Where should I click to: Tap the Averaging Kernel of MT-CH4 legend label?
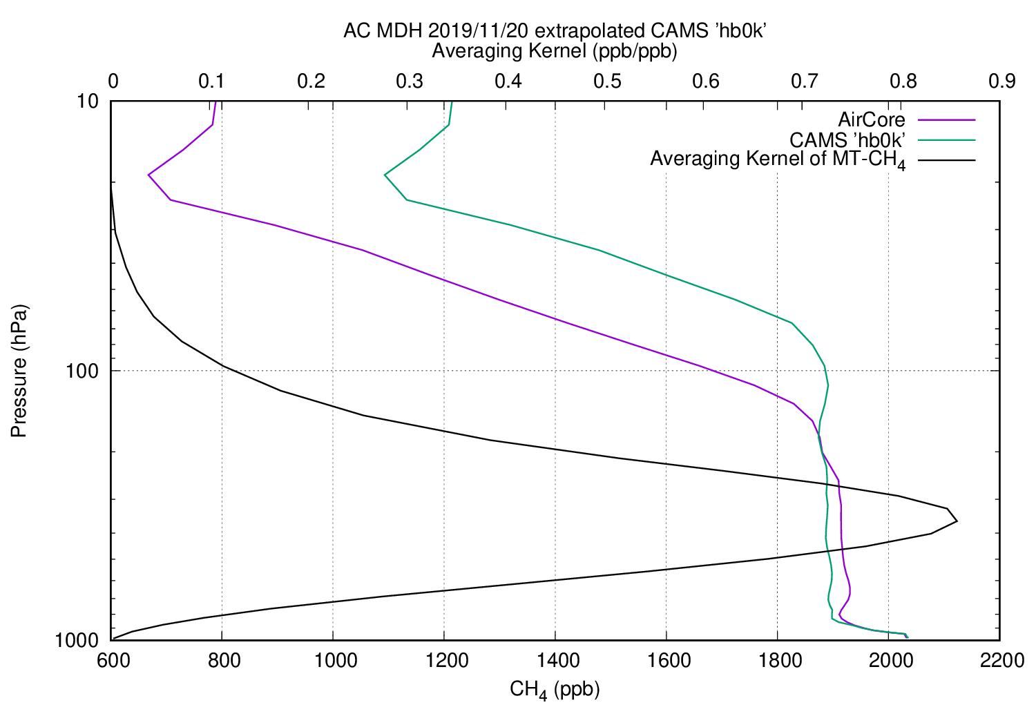click(x=778, y=160)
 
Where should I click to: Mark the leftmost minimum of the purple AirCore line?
click(x=148, y=175)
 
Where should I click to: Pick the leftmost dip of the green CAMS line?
click(x=385, y=175)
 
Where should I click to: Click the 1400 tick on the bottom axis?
click(x=555, y=661)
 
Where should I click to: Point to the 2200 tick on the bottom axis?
click(x=999, y=661)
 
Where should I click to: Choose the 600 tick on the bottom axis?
click(x=112, y=661)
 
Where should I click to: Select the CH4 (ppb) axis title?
click(x=555, y=689)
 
